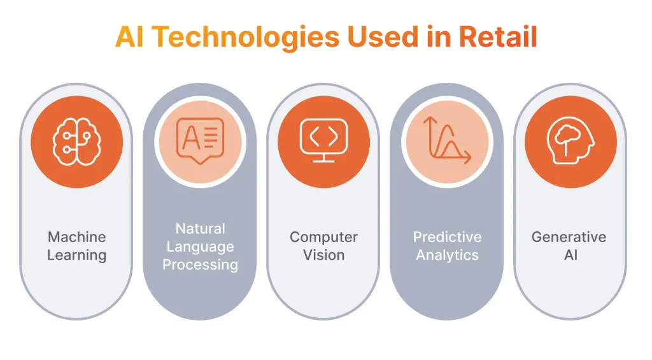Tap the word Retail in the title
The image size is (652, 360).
coord(498,36)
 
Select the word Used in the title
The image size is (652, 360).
coord(383,36)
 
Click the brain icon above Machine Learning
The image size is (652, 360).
coord(77,142)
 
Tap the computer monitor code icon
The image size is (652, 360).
coord(324,140)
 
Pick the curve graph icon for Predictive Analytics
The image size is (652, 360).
coord(447,140)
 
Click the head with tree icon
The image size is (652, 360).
coord(570,141)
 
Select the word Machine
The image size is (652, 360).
coord(77,237)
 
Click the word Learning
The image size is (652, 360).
coord(77,255)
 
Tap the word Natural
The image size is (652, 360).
coord(201,229)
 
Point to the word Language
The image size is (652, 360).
coord(201,247)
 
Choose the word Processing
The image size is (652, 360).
coord(201,264)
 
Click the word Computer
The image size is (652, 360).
coord(324,237)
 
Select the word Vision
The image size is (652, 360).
coord(324,255)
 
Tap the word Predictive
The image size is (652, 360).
coord(447,237)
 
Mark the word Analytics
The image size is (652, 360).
coord(448,255)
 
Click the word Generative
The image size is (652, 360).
coord(569,237)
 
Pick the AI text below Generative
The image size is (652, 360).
coord(570,255)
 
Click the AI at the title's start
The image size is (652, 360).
coord(129,36)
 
